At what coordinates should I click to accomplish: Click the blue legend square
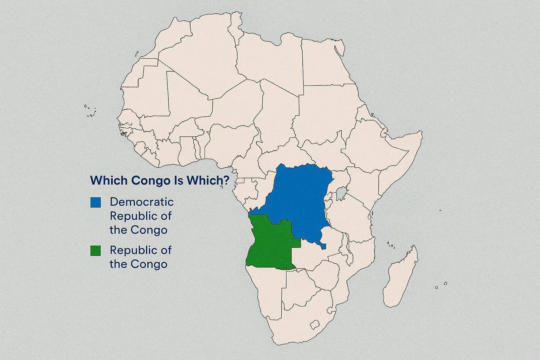96,202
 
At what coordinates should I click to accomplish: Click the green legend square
96,250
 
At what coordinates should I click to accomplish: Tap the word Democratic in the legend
142,202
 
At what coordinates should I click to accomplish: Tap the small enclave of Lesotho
315,324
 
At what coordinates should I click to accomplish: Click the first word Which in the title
109,180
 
